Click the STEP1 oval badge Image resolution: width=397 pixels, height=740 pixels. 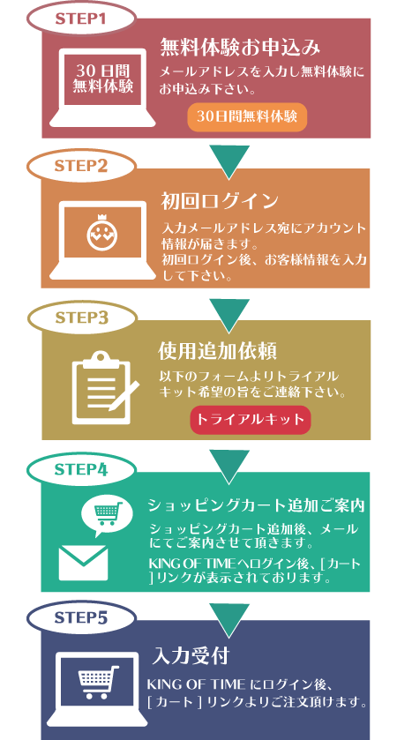[x=81, y=19]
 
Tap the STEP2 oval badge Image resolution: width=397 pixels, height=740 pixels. [x=81, y=166]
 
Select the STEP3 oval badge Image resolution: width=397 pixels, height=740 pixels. [x=81, y=318]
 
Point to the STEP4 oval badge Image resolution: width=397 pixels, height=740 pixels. [x=81, y=469]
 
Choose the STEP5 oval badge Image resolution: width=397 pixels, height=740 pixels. [x=81, y=617]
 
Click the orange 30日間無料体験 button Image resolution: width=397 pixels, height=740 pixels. [x=247, y=116]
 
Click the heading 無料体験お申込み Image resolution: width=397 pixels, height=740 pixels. [x=240, y=49]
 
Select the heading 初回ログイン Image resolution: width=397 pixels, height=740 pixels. [x=220, y=201]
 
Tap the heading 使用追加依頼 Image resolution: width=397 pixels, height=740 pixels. [x=217, y=351]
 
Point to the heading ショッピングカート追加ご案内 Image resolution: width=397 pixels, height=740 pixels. [x=256, y=505]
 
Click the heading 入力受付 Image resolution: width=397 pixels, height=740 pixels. [x=191, y=656]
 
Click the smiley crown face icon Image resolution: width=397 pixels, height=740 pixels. [x=101, y=232]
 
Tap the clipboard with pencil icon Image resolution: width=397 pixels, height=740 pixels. [x=105, y=388]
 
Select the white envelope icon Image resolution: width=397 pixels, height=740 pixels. [x=83, y=563]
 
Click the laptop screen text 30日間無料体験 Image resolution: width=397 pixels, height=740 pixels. [x=103, y=78]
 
